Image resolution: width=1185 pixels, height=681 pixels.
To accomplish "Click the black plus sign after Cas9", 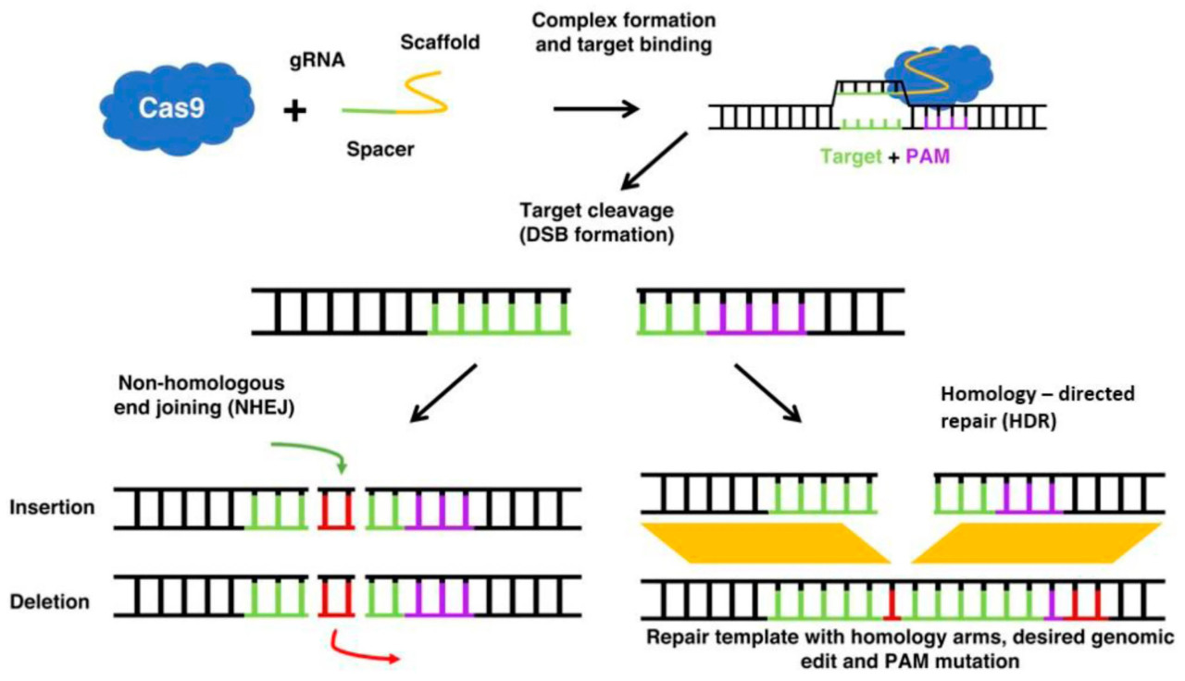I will [294, 111].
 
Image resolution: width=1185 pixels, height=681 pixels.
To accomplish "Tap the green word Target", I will [850, 157].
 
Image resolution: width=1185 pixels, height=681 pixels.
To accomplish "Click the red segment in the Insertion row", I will [335, 508].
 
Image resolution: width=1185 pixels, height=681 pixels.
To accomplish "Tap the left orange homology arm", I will [766, 541].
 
